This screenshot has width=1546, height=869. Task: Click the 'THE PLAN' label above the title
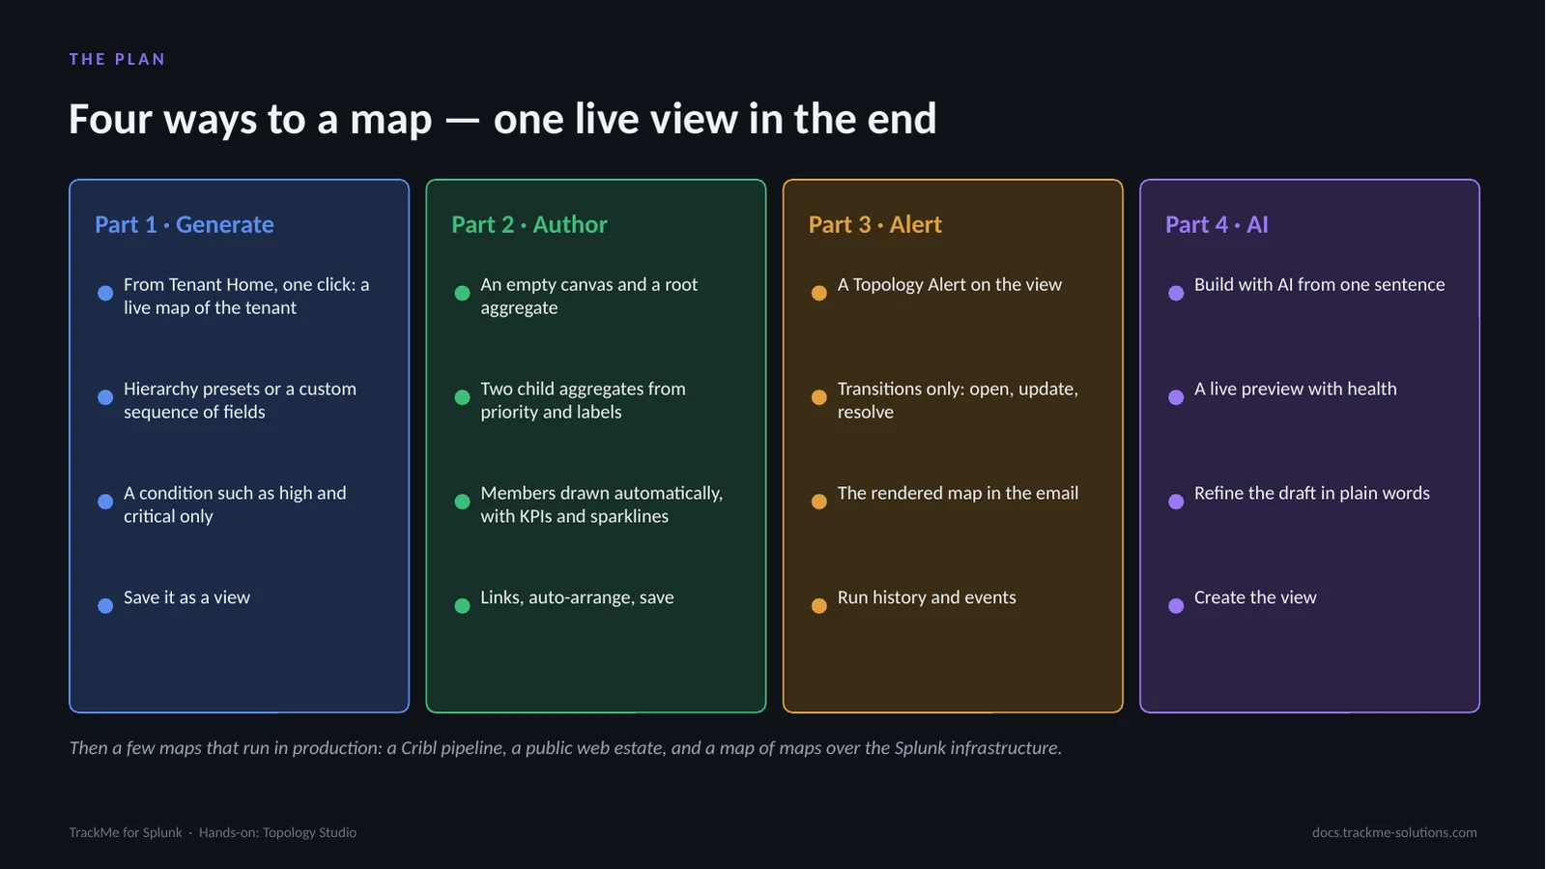point(117,59)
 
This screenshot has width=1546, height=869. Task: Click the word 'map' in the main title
point(390,120)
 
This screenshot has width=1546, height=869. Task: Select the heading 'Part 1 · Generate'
point(185,224)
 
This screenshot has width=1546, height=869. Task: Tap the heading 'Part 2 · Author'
point(530,224)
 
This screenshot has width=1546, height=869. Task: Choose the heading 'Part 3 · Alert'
point(875,224)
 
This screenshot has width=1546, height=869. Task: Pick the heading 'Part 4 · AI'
point(1217,224)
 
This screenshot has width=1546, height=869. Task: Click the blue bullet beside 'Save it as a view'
point(105,605)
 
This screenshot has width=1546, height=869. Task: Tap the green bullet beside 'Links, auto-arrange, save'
point(463,605)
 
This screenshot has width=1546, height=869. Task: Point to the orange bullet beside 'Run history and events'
point(819,605)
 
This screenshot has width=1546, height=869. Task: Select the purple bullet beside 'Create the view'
point(1176,605)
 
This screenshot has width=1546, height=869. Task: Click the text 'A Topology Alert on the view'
point(950,285)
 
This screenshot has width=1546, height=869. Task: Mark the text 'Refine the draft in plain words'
point(1312,494)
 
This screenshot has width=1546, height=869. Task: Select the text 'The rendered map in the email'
point(958,494)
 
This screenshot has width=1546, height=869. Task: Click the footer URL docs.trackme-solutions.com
point(1395,832)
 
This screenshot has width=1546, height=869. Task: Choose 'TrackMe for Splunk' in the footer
point(126,832)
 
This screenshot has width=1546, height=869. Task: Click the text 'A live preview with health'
point(1296,390)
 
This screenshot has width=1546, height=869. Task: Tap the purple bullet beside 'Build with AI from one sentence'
point(1176,293)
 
